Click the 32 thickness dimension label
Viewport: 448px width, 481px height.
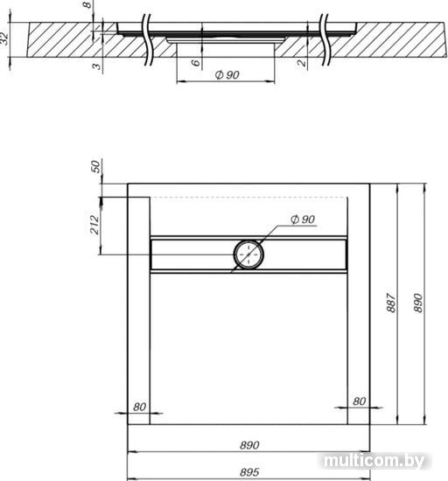pos(4,38)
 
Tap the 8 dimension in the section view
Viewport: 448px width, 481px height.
pos(87,4)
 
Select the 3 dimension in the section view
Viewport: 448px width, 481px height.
pos(96,66)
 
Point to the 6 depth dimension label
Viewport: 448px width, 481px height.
pos(196,63)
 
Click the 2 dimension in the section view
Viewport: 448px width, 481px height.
pos(302,63)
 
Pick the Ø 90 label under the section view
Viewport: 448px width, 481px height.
pos(227,75)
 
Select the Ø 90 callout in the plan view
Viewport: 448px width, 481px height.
pos(303,220)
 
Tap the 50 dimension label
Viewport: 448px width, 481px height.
pos(96,166)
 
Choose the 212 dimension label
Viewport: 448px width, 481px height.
pos(95,225)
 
